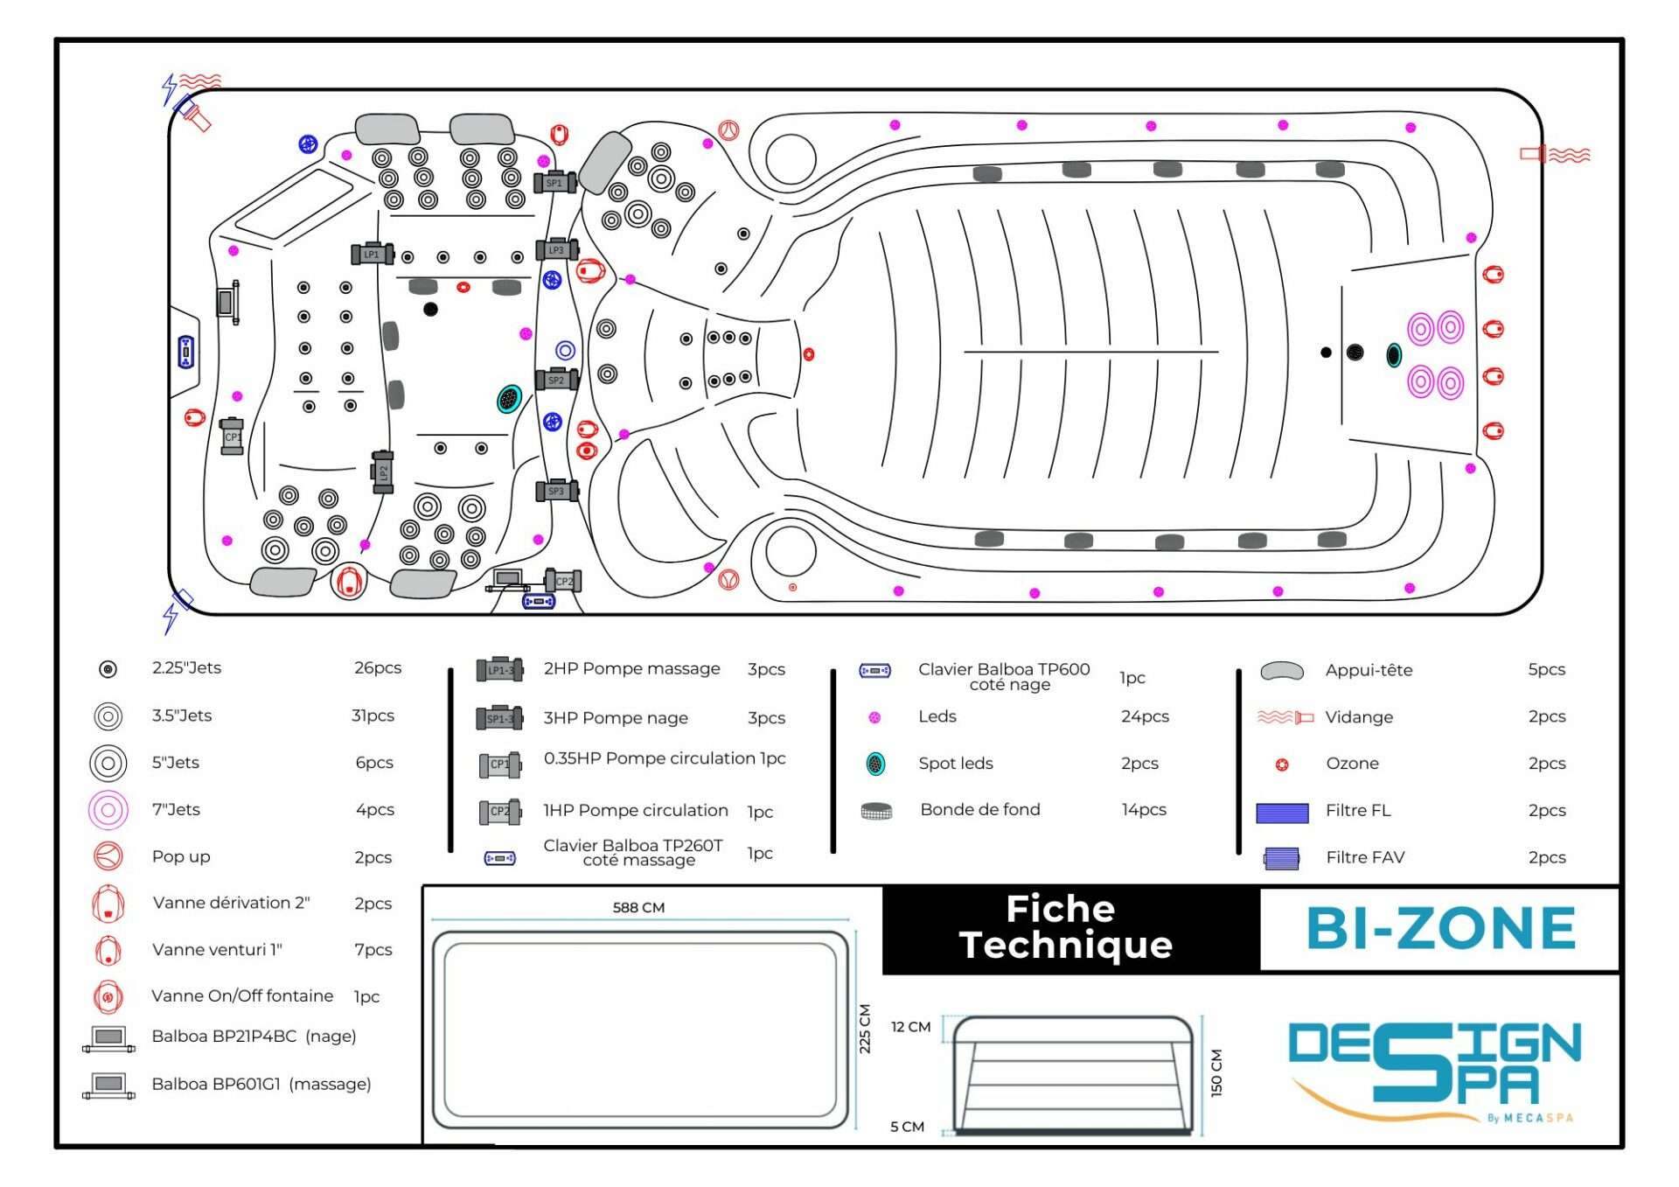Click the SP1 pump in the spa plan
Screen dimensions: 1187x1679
click(x=554, y=183)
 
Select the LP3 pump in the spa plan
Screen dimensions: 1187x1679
click(x=556, y=250)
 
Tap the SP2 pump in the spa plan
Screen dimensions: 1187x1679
click(x=556, y=381)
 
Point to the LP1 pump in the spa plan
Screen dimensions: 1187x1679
click(x=372, y=255)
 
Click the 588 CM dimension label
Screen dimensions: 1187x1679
click(x=638, y=908)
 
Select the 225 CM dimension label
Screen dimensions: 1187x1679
click(x=865, y=1029)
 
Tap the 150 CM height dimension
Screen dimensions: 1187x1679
click(x=1216, y=1072)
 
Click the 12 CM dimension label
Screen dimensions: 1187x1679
click(x=910, y=1027)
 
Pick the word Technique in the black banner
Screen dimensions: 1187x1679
click(x=1065, y=946)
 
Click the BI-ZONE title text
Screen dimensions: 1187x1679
click(x=1440, y=929)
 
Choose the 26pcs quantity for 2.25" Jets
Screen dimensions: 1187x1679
click(x=378, y=668)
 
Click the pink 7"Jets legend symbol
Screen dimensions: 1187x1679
click(x=108, y=810)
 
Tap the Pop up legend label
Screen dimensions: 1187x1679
click(x=181, y=857)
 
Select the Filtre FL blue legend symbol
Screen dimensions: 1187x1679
click(x=1282, y=813)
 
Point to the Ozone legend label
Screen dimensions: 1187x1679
click(x=1352, y=764)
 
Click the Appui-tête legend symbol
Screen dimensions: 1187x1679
click(x=1282, y=672)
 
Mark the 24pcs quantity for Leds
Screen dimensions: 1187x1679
click(x=1145, y=717)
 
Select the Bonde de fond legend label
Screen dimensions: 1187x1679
click(x=980, y=810)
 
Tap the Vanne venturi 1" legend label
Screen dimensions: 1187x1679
click(x=217, y=950)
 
